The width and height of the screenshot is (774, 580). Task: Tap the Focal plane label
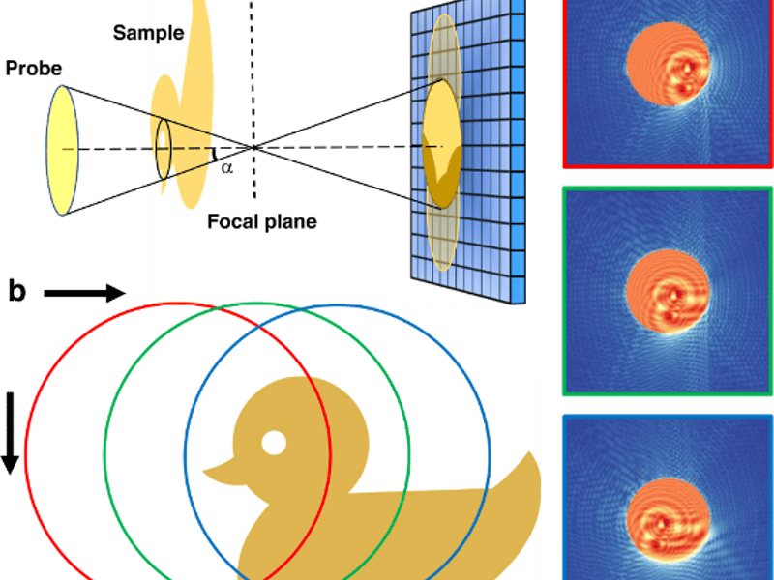point(261,222)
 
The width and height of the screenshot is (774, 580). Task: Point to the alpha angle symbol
point(226,167)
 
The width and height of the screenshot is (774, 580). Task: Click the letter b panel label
point(15,291)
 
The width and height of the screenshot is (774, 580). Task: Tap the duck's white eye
point(274,443)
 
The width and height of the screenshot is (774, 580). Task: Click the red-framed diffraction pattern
point(668,82)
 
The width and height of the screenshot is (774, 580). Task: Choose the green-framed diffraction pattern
point(668,291)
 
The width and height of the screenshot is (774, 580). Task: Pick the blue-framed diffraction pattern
point(668,498)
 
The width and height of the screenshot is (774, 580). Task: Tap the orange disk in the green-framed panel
point(669,294)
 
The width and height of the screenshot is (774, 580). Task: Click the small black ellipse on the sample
point(164,149)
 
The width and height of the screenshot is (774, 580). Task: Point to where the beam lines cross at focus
point(253,147)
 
